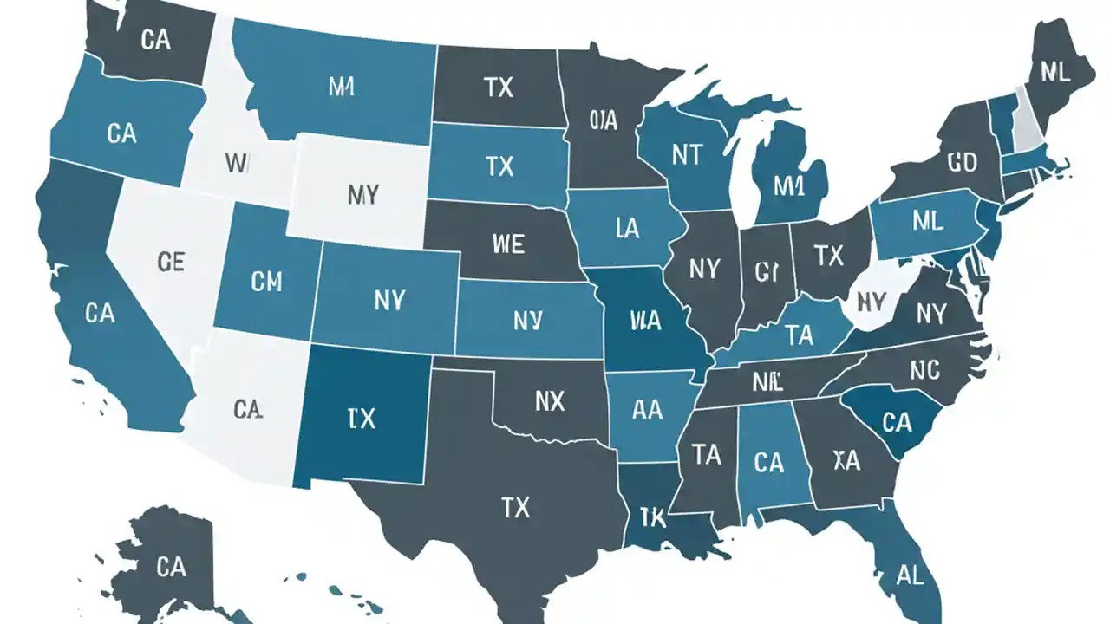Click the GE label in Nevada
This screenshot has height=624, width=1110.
(x=172, y=262)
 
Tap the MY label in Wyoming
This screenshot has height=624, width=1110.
(x=362, y=194)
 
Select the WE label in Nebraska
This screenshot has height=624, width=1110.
(x=507, y=244)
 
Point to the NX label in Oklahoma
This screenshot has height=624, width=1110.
(x=549, y=400)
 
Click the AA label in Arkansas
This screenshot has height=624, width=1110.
(x=648, y=411)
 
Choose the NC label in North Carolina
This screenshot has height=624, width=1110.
(x=924, y=370)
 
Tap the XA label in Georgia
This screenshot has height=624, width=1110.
(x=846, y=460)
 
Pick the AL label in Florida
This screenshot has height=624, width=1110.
(x=911, y=574)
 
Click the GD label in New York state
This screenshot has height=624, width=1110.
(x=963, y=162)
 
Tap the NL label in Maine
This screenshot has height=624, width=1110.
(x=1054, y=73)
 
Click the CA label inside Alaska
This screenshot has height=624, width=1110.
(x=171, y=567)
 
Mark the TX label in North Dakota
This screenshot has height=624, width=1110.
(x=499, y=87)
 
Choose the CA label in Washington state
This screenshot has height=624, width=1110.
(x=154, y=40)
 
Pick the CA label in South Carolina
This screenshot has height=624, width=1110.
(x=896, y=422)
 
